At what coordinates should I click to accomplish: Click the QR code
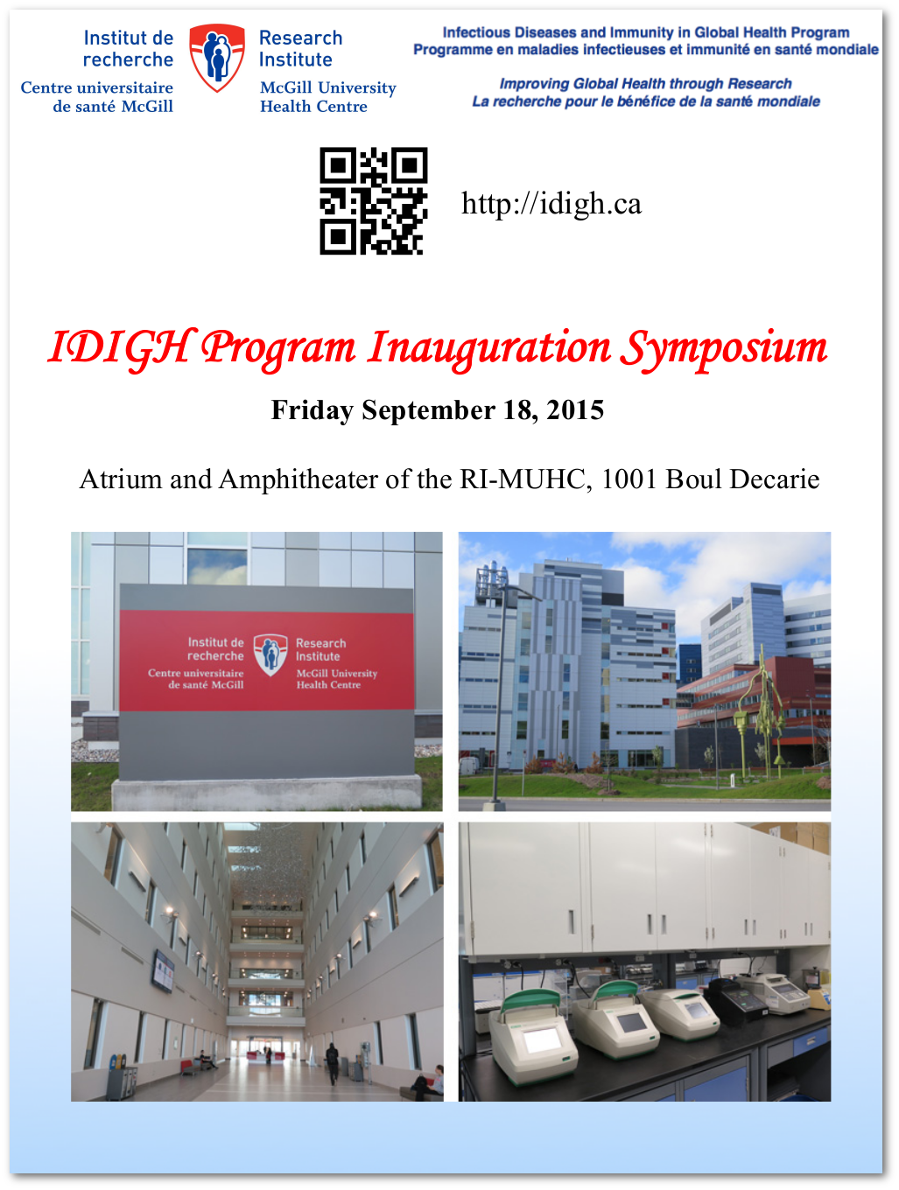point(373,201)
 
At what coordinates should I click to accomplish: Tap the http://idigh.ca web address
point(551,205)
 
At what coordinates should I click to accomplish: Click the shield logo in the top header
point(216,58)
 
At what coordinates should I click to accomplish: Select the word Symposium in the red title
point(723,349)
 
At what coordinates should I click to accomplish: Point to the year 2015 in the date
point(575,409)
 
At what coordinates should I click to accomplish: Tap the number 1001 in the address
point(629,479)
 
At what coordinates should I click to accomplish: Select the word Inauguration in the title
point(489,349)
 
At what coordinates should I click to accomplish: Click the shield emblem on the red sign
point(270,654)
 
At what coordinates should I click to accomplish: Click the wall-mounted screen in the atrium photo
point(163,969)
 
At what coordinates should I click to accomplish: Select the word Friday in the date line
point(313,410)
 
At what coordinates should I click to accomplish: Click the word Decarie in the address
point(775,479)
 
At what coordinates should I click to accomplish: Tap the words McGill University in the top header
point(328,87)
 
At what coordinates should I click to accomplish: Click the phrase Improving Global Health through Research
point(645,84)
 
